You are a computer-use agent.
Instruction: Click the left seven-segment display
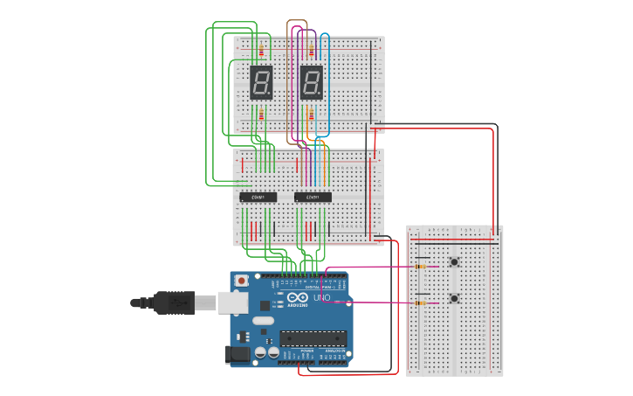pos(261,82)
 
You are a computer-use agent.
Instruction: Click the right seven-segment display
pos(312,82)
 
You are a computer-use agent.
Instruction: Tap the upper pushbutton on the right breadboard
pos(454,262)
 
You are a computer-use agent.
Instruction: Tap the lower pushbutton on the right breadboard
pos(454,299)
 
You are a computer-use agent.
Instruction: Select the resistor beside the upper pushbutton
pos(423,266)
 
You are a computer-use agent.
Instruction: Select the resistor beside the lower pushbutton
pos(423,303)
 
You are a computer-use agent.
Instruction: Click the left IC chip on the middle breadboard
pos(258,198)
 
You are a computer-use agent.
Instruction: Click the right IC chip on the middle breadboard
pos(313,198)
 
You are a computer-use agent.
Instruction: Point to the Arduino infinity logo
pos(294,298)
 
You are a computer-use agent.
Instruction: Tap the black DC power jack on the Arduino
pos(236,354)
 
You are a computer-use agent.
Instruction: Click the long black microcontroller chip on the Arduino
pos(312,337)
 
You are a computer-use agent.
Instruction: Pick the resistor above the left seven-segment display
pos(260,50)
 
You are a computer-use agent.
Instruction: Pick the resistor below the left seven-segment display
pos(260,115)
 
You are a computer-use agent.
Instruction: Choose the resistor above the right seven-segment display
pos(312,50)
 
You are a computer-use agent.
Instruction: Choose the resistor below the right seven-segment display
pos(312,115)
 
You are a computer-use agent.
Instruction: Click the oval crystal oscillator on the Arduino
pos(264,321)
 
